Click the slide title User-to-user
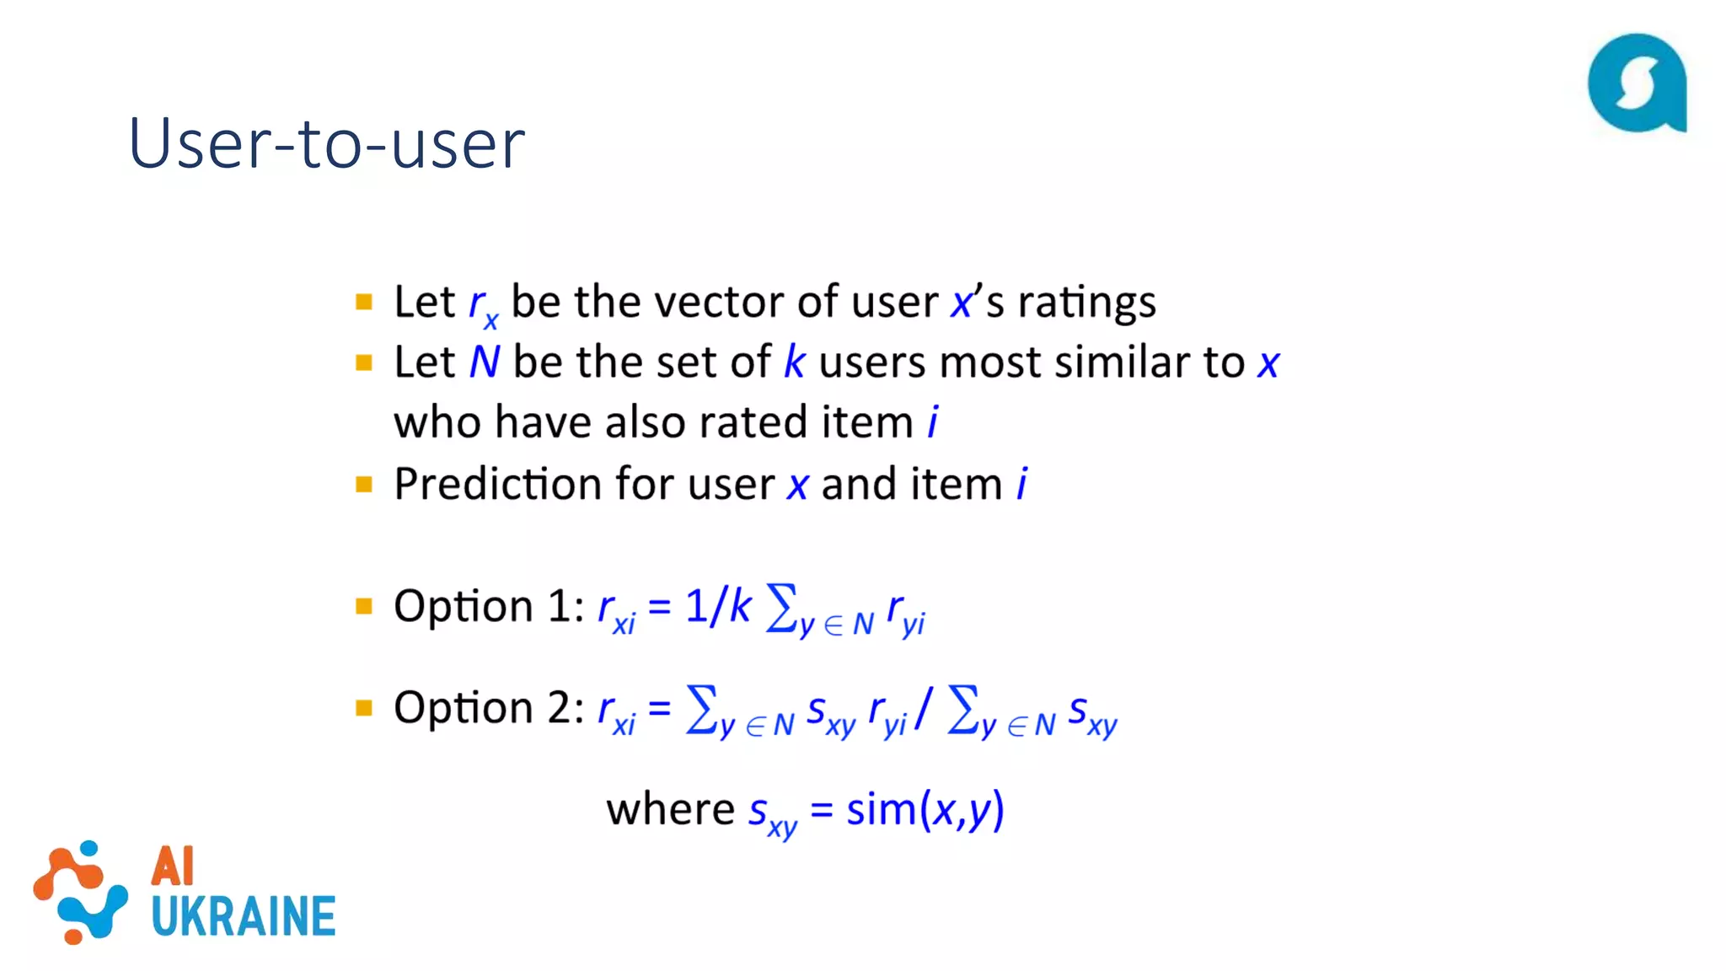point(326,143)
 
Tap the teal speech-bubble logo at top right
point(1636,83)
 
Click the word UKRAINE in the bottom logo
point(244,916)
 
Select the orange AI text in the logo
point(173,866)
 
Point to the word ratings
point(1086,302)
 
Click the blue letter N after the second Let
point(485,362)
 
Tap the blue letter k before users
point(794,362)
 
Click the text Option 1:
point(489,606)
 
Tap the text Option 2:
point(489,707)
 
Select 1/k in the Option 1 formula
point(717,606)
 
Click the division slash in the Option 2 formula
point(925,708)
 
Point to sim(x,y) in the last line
point(925,810)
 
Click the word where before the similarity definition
point(670,810)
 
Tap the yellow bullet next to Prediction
point(364,485)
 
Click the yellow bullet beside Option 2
point(364,708)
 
